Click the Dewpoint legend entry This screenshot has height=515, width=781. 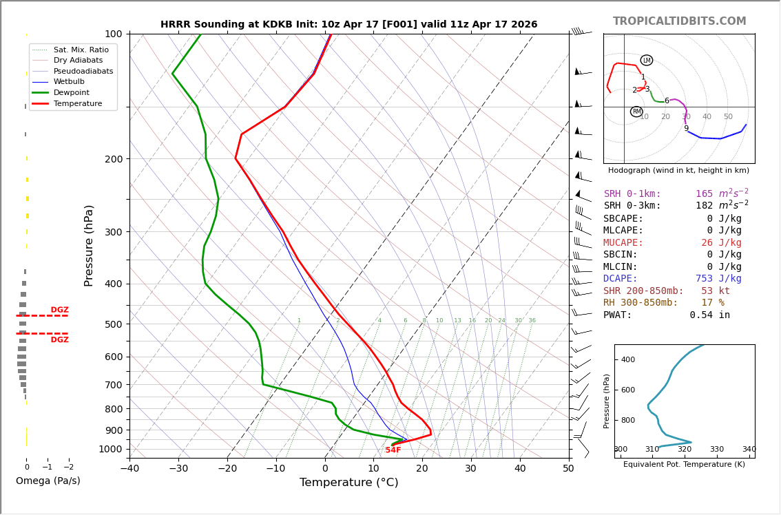click(72, 92)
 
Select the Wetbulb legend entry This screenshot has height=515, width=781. click(69, 82)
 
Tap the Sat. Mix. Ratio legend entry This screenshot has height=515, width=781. click(81, 50)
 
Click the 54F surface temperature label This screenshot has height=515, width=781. click(393, 450)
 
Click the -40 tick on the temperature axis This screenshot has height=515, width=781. click(129, 470)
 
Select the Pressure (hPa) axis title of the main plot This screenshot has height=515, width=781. click(90, 245)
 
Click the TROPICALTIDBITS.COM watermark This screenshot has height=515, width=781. click(679, 21)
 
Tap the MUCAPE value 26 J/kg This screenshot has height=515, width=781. click(721, 243)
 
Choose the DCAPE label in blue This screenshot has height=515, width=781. click(623, 279)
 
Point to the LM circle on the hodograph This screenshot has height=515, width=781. click(646, 61)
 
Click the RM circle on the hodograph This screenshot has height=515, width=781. click(636, 112)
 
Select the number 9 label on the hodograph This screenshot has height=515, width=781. click(686, 129)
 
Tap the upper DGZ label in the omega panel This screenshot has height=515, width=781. click(59, 311)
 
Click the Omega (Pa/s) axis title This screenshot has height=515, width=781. click(48, 481)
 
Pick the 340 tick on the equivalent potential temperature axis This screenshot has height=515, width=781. click(749, 450)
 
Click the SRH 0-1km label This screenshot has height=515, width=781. click(632, 194)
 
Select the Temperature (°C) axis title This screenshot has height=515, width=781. click(348, 483)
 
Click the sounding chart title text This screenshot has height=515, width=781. click(348, 25)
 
